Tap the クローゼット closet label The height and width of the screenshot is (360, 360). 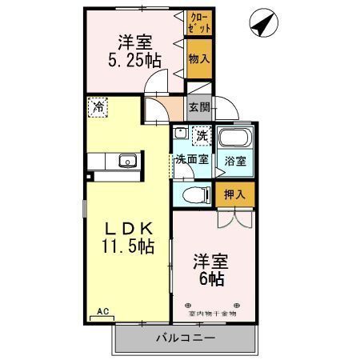pos(199,22)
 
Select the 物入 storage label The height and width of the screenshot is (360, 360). pos(199,58)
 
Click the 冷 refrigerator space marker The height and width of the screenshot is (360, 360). pos(98,106)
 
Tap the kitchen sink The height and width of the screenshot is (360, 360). pos(126,162)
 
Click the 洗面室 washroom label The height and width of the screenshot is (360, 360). pos(193,159)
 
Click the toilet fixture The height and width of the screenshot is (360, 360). pos(194,194)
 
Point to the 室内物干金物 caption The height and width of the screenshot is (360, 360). pos(213,314)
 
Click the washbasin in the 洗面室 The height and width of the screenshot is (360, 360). pos(180,134)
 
